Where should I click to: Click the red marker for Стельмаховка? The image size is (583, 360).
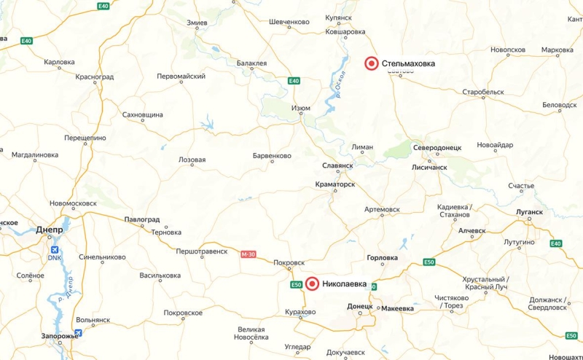pyautogui.click(x=372, y=63)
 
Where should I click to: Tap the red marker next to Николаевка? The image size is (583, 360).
pyautogui.click(x=312, y=284)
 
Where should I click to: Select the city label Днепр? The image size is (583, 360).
pyautogui.click(x=50, y=230)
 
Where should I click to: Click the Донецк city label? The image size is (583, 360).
pyautogui.click(x=360, y=307)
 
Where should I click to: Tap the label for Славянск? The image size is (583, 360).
pyautogui.click(x=337, y=165)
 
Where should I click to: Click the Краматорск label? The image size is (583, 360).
pyautogui.click(x=334, y=185)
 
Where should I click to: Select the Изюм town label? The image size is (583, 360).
pyautogui.click(x=301, y=109)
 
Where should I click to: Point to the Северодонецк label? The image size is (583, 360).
pyautogui.click(x=437, y=147)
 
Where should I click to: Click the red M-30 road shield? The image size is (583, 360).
pyautogui.click(x=249, y=254)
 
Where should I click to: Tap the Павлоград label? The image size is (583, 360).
pyautogui.click(x=142, y=219)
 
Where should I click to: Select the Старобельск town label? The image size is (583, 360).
pyautogui.click(x=483, y=93)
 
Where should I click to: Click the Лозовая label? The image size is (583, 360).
pyautogui.click(x=192, y=160)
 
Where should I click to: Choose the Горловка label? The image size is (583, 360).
pyautogui.click(x=382, y=258)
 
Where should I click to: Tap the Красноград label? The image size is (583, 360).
pyautogui.click(x=87, y=77)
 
